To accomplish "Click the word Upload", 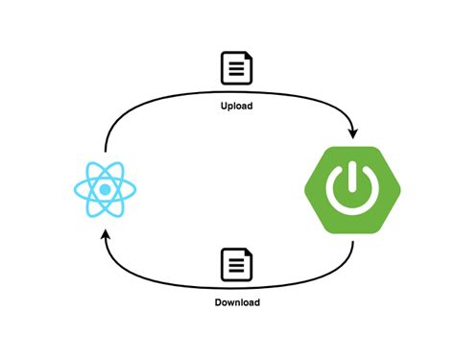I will (236, 106).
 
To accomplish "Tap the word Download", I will (236, 302).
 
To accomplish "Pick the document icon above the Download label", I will (236, 265).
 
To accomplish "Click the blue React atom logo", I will (102, 188).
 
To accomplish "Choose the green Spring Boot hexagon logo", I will (351, 188).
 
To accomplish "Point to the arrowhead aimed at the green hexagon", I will (354, 132).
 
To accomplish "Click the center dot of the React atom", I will (102, 188).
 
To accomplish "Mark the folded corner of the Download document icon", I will (249, 254).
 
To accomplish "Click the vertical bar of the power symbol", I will (351, 177).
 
